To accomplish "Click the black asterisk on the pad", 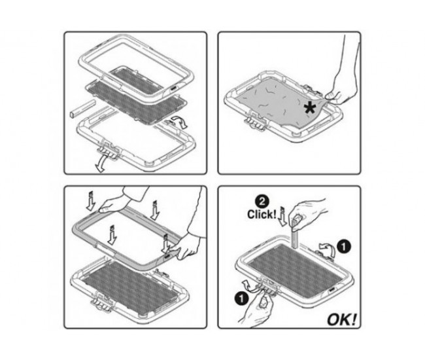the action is [x=310, y=108].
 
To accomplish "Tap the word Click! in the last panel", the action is [x=262, y=214].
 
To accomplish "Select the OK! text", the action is [x=341, y=319].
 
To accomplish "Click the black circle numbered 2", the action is [x=262, y=202].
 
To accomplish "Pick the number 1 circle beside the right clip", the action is [x=344, y=247].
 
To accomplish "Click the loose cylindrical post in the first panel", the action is [x=82, y=109].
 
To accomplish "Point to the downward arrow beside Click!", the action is [x=282, y=216].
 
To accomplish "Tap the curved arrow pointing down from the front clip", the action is [x=101, y=164].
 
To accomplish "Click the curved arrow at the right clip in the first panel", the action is [x=179, y=122].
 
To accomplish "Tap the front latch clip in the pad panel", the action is [x=256, y=122].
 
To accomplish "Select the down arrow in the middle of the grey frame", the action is [x=112, y=235].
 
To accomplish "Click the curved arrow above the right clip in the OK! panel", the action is [x=327, y=248].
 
